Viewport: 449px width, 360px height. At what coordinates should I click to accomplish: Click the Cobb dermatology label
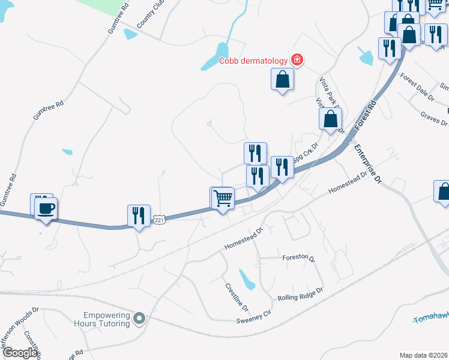coord(253,60)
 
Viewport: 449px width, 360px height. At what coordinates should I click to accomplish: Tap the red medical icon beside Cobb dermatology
coord(297,60)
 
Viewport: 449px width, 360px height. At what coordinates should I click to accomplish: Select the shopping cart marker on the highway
coord(222,197)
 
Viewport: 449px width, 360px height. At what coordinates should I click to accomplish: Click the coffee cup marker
coord(46,209)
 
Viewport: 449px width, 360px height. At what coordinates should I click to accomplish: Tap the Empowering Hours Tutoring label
coord(107,319)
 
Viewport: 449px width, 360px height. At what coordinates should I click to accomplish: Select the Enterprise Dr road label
coord(368,163)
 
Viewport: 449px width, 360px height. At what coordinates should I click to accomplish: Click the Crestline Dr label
coord(237,297)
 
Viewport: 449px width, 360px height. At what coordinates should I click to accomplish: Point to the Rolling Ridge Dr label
coord(300,294)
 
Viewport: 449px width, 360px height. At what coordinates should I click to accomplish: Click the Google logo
coord(19,353)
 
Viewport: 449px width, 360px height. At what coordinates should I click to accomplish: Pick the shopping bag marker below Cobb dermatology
coord(282,80)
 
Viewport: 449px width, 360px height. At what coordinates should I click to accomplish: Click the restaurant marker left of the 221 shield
coord(139,215)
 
